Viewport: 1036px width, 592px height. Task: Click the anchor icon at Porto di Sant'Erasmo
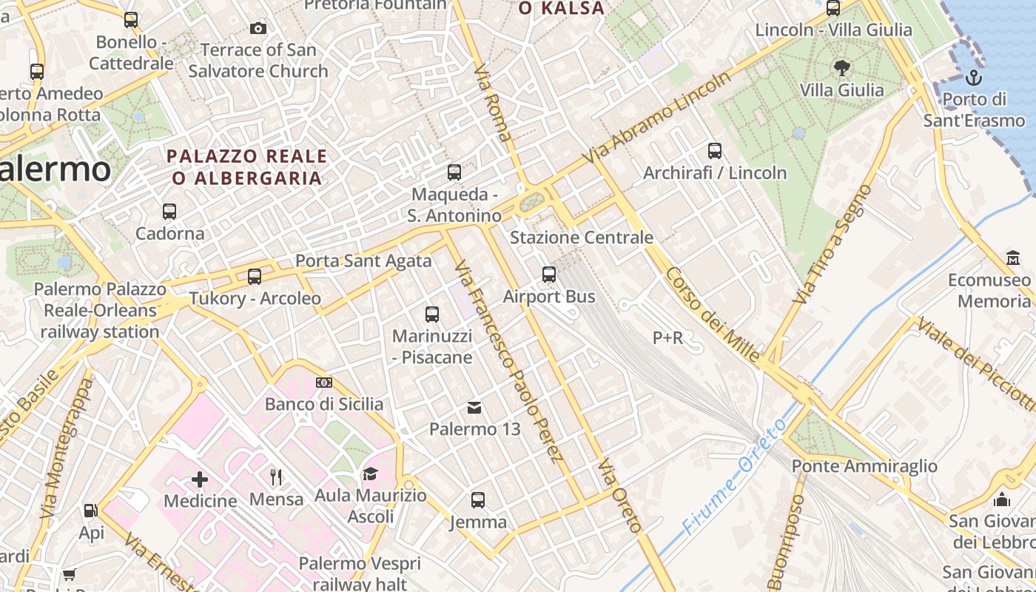(x=974, y=77)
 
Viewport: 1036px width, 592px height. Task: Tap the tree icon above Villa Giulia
(x=841, y=68)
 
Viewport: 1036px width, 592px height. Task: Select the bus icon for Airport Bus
(x=549, y=275)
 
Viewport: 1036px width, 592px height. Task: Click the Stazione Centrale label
(x=582, y=238)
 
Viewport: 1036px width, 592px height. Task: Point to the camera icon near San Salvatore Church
(x=258, y=29)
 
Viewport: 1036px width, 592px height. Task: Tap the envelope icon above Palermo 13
(x=474, y=407)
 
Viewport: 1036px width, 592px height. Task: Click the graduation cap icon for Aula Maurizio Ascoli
(x=370, y=474)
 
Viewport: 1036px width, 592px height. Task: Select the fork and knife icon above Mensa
(x=276, y=477)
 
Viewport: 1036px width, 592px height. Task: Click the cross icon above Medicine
(x=200, y=480)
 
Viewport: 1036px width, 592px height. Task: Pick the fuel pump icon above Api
(x=91, y=511)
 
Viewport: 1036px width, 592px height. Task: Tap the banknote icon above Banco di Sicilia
(x=324, y=383)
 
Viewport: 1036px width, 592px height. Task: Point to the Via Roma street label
(x=494, y=103)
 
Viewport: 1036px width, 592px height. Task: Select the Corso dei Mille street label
(x=712, y=314)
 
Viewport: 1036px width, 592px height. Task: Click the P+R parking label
(x=667, y=338)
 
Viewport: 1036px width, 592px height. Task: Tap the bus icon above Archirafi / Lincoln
(x=715, y=151)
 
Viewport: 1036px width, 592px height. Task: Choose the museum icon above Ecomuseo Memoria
(x=1012, y=258)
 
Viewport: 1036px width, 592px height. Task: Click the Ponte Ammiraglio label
(x=864, y=466)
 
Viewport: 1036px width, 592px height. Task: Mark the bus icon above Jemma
(x=478, y=500)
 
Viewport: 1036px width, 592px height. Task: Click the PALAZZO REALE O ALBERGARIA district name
(x=247, y=167)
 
